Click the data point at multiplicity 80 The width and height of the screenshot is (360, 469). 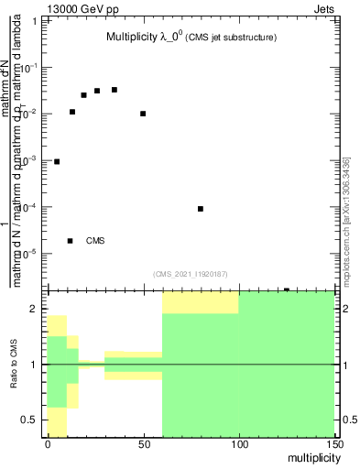tap(201, 209)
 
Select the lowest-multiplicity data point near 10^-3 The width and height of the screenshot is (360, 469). tap(57, 161)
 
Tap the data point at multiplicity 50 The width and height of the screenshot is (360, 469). tap(143, 114)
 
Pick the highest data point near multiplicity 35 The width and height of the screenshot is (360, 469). tap(115, 90)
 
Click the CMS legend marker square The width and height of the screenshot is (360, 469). tap(70, 241)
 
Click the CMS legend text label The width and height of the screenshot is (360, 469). tap(95, 241)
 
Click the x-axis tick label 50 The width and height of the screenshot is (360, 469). tap(143, 444)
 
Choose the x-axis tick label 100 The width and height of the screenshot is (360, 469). tap(239, 444)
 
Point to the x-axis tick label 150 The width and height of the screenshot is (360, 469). tap(334, 444)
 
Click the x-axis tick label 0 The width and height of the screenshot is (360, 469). tap(48, 444)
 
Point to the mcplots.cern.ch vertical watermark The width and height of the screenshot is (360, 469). tap(346, 220)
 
